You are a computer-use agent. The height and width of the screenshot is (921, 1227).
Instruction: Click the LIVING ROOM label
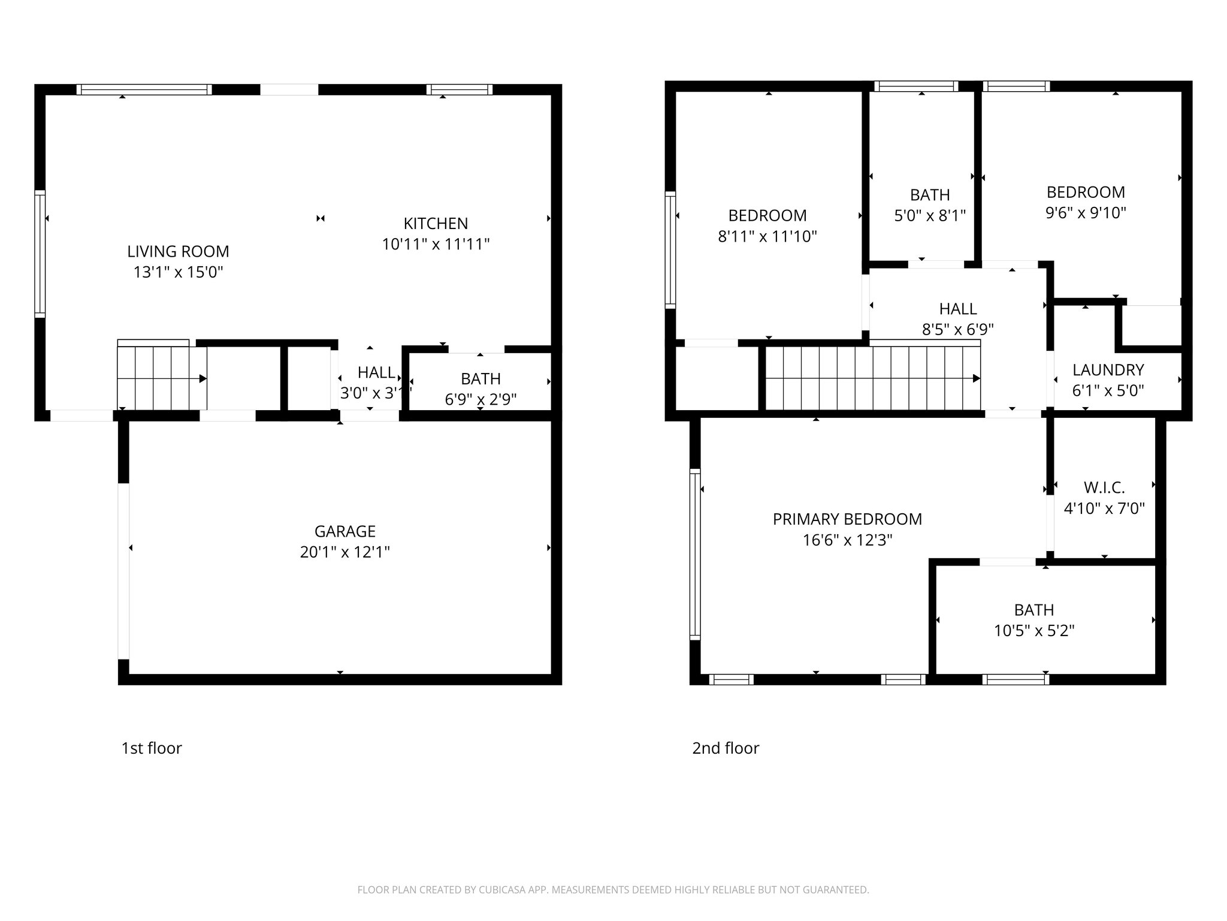[x=178, y=251]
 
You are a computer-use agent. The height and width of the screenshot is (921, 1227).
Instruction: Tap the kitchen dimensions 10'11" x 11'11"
[x=436, y=244]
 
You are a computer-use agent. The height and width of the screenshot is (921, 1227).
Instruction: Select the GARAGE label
[x=344, y=531]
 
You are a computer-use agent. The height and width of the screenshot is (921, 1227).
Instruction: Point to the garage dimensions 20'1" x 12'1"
[x=344, y=552]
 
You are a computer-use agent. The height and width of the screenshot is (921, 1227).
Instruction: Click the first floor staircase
[x=161, y=378]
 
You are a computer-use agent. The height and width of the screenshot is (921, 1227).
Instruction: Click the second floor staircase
[x=872, y=379]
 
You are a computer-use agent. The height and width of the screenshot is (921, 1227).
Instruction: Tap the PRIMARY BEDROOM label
[x=847, y=519]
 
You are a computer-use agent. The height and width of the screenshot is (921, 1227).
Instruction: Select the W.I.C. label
[x=1104, y=487]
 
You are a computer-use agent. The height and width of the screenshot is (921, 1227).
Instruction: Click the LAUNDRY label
[x=1108, y=370]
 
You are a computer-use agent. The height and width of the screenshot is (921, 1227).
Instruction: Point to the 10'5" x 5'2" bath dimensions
[x=1034, y=631]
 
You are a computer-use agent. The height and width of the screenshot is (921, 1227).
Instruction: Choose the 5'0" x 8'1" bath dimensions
[x=930, y=215]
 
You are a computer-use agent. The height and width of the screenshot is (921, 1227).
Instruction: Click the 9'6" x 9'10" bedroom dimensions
[x=1086, y=213]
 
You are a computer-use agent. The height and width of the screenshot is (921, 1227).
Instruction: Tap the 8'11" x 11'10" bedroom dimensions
[x=767, y=236]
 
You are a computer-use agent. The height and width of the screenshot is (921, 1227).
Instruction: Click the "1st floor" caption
[x=151, y=748]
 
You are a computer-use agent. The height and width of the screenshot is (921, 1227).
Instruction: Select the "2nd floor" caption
[x=725, y=748]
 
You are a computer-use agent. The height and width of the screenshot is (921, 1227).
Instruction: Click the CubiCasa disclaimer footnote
[x=613, y=890]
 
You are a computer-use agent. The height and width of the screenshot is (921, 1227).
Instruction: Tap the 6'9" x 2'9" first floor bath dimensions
[x=480, y=399]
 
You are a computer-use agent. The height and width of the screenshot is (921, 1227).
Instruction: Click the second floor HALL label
[x=957, y=309]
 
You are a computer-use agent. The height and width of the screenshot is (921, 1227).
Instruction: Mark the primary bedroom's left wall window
[x=694, y=553]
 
